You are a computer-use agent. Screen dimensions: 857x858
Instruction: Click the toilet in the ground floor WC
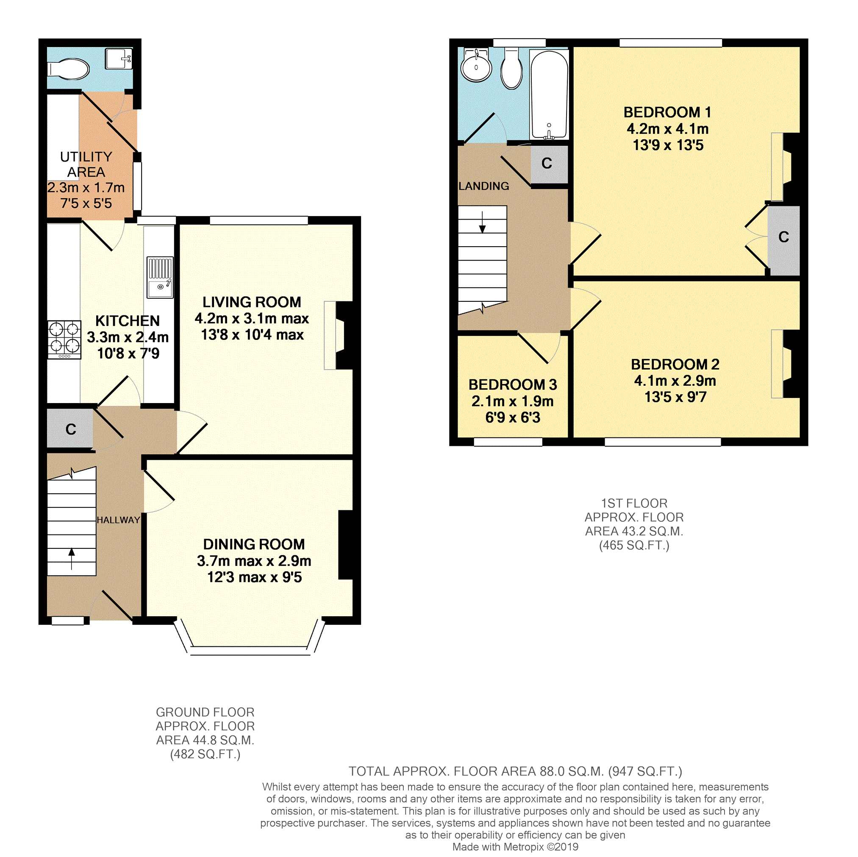pos(69,69)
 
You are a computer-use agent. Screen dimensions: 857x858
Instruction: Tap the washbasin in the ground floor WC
pos(119,58)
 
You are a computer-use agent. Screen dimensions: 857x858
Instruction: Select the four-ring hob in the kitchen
pos(64,339)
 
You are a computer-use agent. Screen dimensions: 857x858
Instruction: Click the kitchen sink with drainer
pos(160,277)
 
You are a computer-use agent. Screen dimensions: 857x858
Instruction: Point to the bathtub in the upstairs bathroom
pos(549,94)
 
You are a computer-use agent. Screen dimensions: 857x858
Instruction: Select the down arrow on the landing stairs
pos(482,222)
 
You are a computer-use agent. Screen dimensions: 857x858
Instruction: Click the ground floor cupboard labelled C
pos(71,429)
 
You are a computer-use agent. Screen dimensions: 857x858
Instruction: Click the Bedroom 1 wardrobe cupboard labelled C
pos(783,237)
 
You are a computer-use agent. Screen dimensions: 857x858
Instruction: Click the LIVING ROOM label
pos(252,302)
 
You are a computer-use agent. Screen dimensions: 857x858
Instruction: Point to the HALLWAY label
pos(118,520)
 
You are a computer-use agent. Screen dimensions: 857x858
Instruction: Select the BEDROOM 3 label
pos(513,384)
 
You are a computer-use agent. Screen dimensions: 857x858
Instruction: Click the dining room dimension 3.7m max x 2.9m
pos(254,561)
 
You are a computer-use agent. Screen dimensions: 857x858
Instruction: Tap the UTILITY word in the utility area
pos(86,157)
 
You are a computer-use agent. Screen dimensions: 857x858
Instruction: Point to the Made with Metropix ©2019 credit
pos(515,847)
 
